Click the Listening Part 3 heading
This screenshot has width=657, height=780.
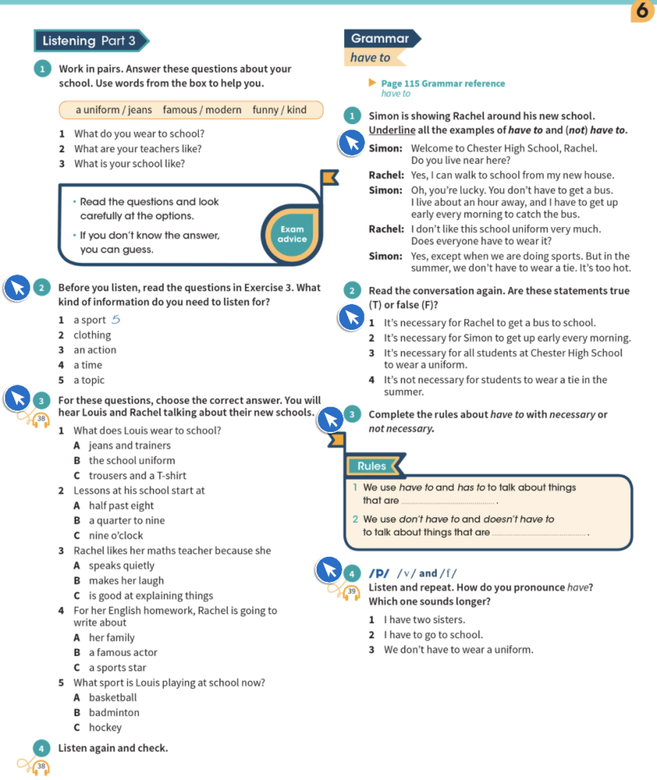[89, 41]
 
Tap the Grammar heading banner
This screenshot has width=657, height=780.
[381, 39]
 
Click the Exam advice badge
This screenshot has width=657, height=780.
[292, 234]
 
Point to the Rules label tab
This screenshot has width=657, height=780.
[372, 465]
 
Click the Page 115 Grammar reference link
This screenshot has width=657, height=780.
[442, 84]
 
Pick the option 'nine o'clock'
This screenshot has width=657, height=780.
[116, 535]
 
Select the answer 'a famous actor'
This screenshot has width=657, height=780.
[123, 653]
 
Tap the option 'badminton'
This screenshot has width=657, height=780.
[114, 713]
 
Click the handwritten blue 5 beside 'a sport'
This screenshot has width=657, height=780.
[116, 320]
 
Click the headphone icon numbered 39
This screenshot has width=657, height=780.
[351, 591]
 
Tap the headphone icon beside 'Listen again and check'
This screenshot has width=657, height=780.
[42, 766]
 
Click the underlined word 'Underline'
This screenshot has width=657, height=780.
[391, 130]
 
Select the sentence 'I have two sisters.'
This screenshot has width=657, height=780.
[424, 620]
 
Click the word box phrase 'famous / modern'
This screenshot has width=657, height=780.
[202, 110]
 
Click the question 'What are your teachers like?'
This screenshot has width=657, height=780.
[139, 149]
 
